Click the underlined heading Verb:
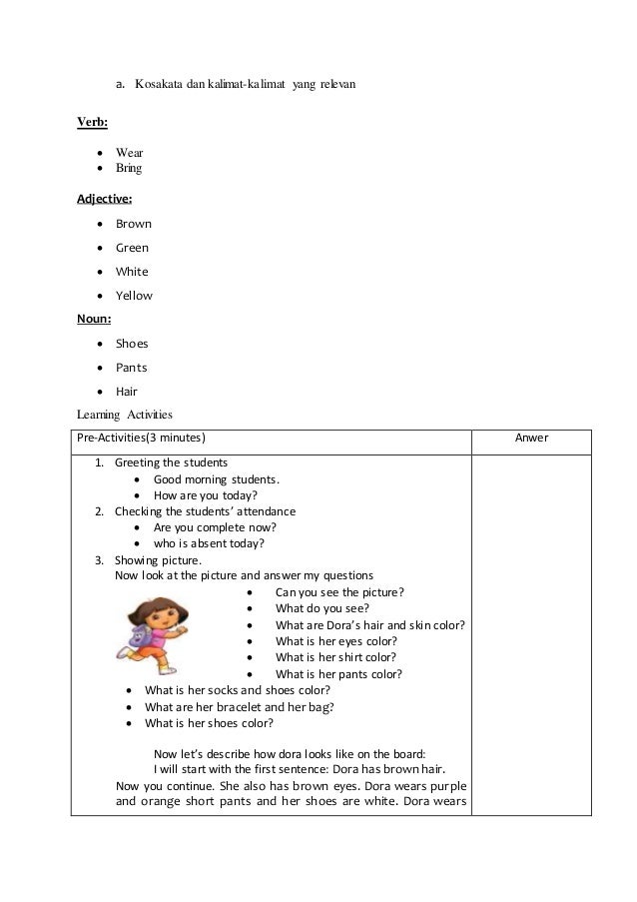click(x=93, y=123)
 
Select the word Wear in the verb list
click(x=129, y=153)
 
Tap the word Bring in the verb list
click(x=129, y=168)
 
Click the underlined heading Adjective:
click(x=104, y=199)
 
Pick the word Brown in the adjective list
click(x=134, y=224)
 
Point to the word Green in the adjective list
click(x=133, y=248)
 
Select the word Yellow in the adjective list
click(x=134, y=296)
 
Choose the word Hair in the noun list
click(x=127, y=393)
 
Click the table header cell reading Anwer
click(x=530, y=438)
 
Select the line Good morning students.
click(x=216, y=479)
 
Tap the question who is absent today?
click(x=208, y=543)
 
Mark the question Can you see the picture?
click(x=339, y=592)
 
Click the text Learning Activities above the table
click(x=125, y=415)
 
